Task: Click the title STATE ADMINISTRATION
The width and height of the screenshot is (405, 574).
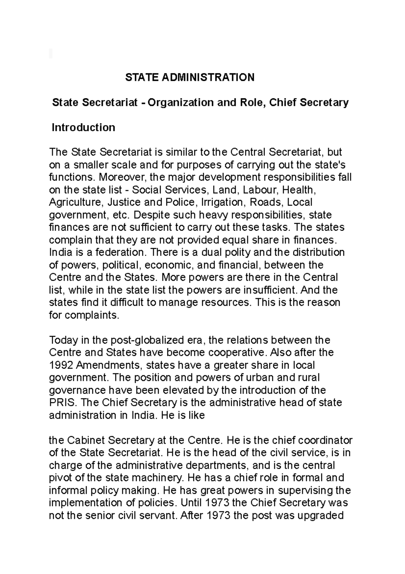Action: click(190, 77)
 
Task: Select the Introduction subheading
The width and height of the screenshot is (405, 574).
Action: click(83, 127)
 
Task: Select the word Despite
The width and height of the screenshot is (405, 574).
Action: click(152, 215)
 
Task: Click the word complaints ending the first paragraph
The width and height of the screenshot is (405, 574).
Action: click(92, 315)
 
